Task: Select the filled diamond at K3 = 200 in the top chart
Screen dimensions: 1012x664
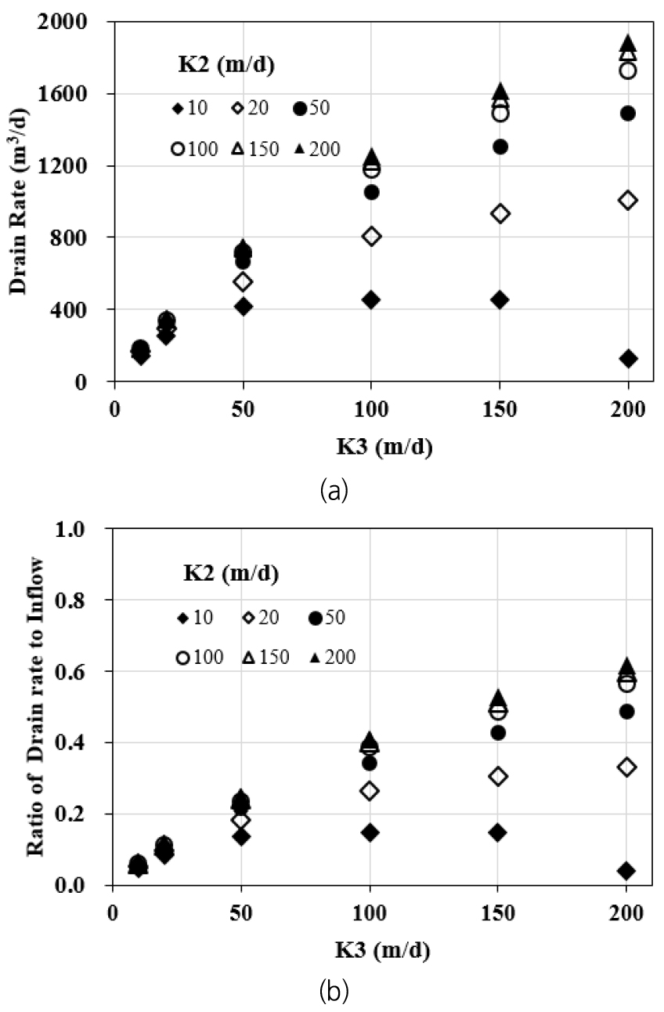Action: [x=627, y=358]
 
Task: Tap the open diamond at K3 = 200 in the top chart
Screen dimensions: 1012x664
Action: [x=627, y=200]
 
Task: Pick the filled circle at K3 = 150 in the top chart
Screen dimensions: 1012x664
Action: [x=500, y=147]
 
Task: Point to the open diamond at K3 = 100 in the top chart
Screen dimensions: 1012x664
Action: [x=372, y=236]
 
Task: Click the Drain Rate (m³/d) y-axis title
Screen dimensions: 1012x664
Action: [x=19, y=201]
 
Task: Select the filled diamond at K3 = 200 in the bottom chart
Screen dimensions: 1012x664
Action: [x=627, y=871]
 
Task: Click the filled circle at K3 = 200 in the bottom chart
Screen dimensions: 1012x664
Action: [x=627, y=712]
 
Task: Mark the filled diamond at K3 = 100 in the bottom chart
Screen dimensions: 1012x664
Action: [x=370, y=832]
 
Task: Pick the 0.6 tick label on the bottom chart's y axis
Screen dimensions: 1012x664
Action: [x=87, y=672]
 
